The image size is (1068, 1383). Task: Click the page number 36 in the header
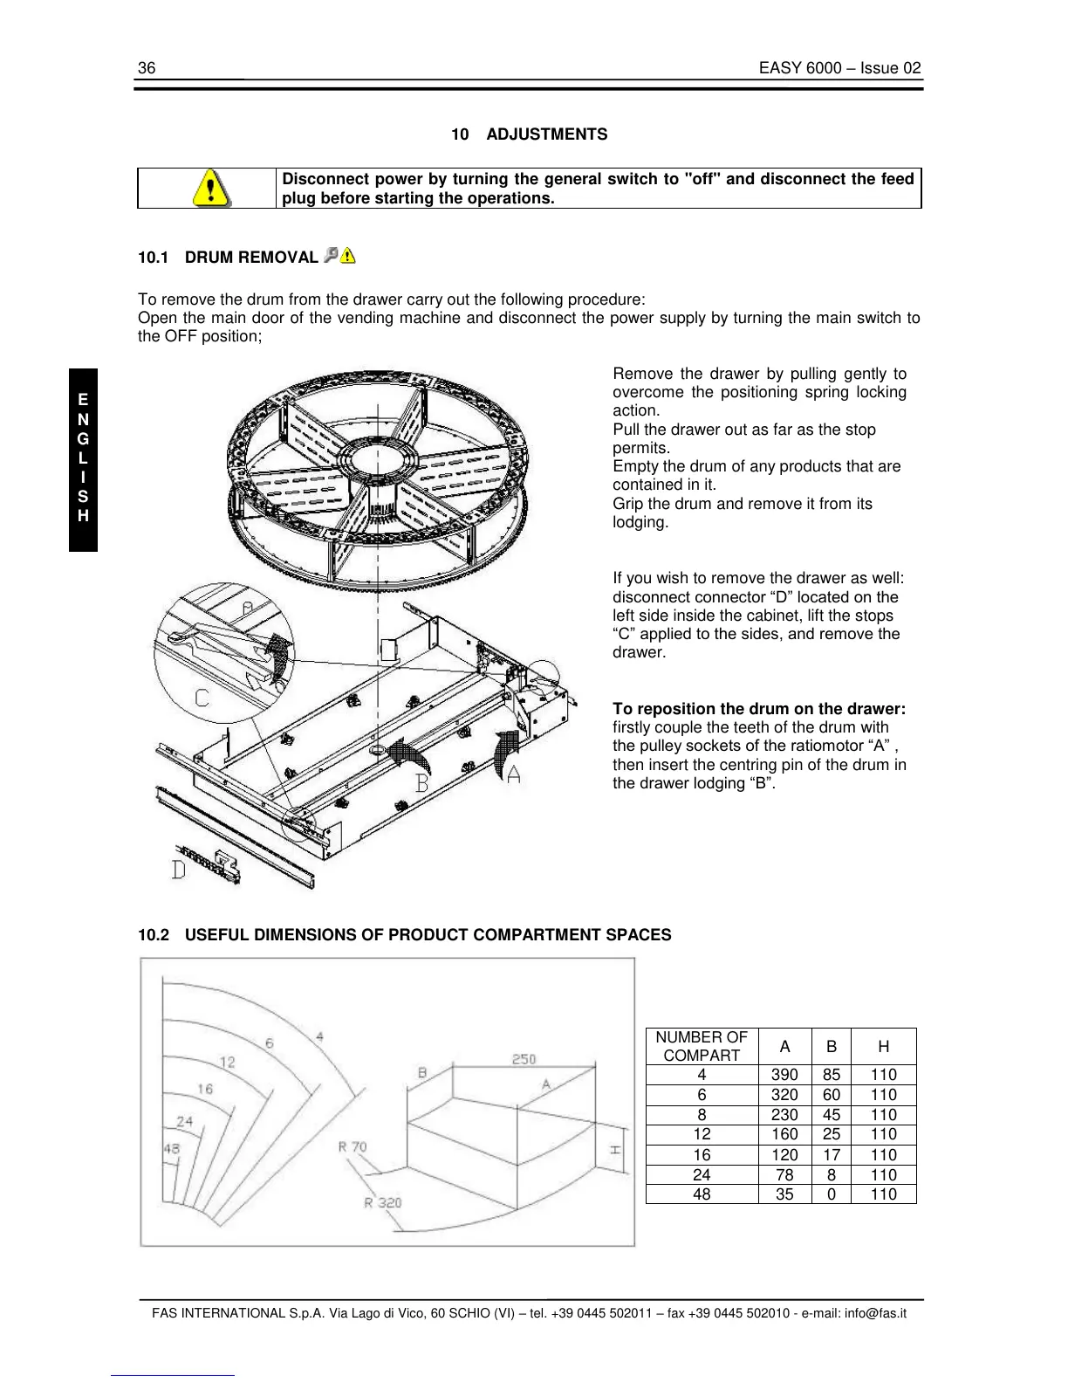click(x=147, y=68)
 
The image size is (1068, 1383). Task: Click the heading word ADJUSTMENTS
click(x=546, y=134)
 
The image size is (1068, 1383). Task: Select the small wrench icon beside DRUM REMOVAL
click(x=331, y=255)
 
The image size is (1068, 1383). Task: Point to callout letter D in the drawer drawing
click(x=179, y=870)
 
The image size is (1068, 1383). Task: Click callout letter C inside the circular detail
click(x=202, y=698)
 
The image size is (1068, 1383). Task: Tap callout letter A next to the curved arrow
click(x=513, y=774)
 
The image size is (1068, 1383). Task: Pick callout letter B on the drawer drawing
click(x=422, y=782)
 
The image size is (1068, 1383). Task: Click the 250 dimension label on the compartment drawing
click(x=524, y=1059)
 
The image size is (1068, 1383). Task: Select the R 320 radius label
click(x=383, y=1202)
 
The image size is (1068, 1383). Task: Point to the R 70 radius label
click(x=353, y=1146)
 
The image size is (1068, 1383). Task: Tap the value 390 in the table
click(x=784, y=1075)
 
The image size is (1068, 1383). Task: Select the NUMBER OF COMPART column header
click(x=702, y=1046)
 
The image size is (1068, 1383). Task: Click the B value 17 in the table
click(x=832, y=1155)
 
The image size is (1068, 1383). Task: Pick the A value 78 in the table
click(x=784, y=1175)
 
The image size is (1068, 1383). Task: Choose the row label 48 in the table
click(x=702, y=1194)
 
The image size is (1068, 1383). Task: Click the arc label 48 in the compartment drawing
click(x=172, y=1148)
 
